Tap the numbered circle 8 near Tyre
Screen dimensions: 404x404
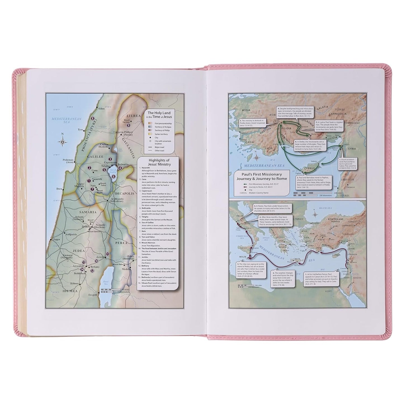(x=93, y=118)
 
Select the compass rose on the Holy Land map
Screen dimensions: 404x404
(x=63, y=142)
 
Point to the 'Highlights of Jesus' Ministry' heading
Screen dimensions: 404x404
(x=158, y=162)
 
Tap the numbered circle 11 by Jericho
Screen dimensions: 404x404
(x=107, y=254)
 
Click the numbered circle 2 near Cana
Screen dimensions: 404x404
(x=89, y=168)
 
